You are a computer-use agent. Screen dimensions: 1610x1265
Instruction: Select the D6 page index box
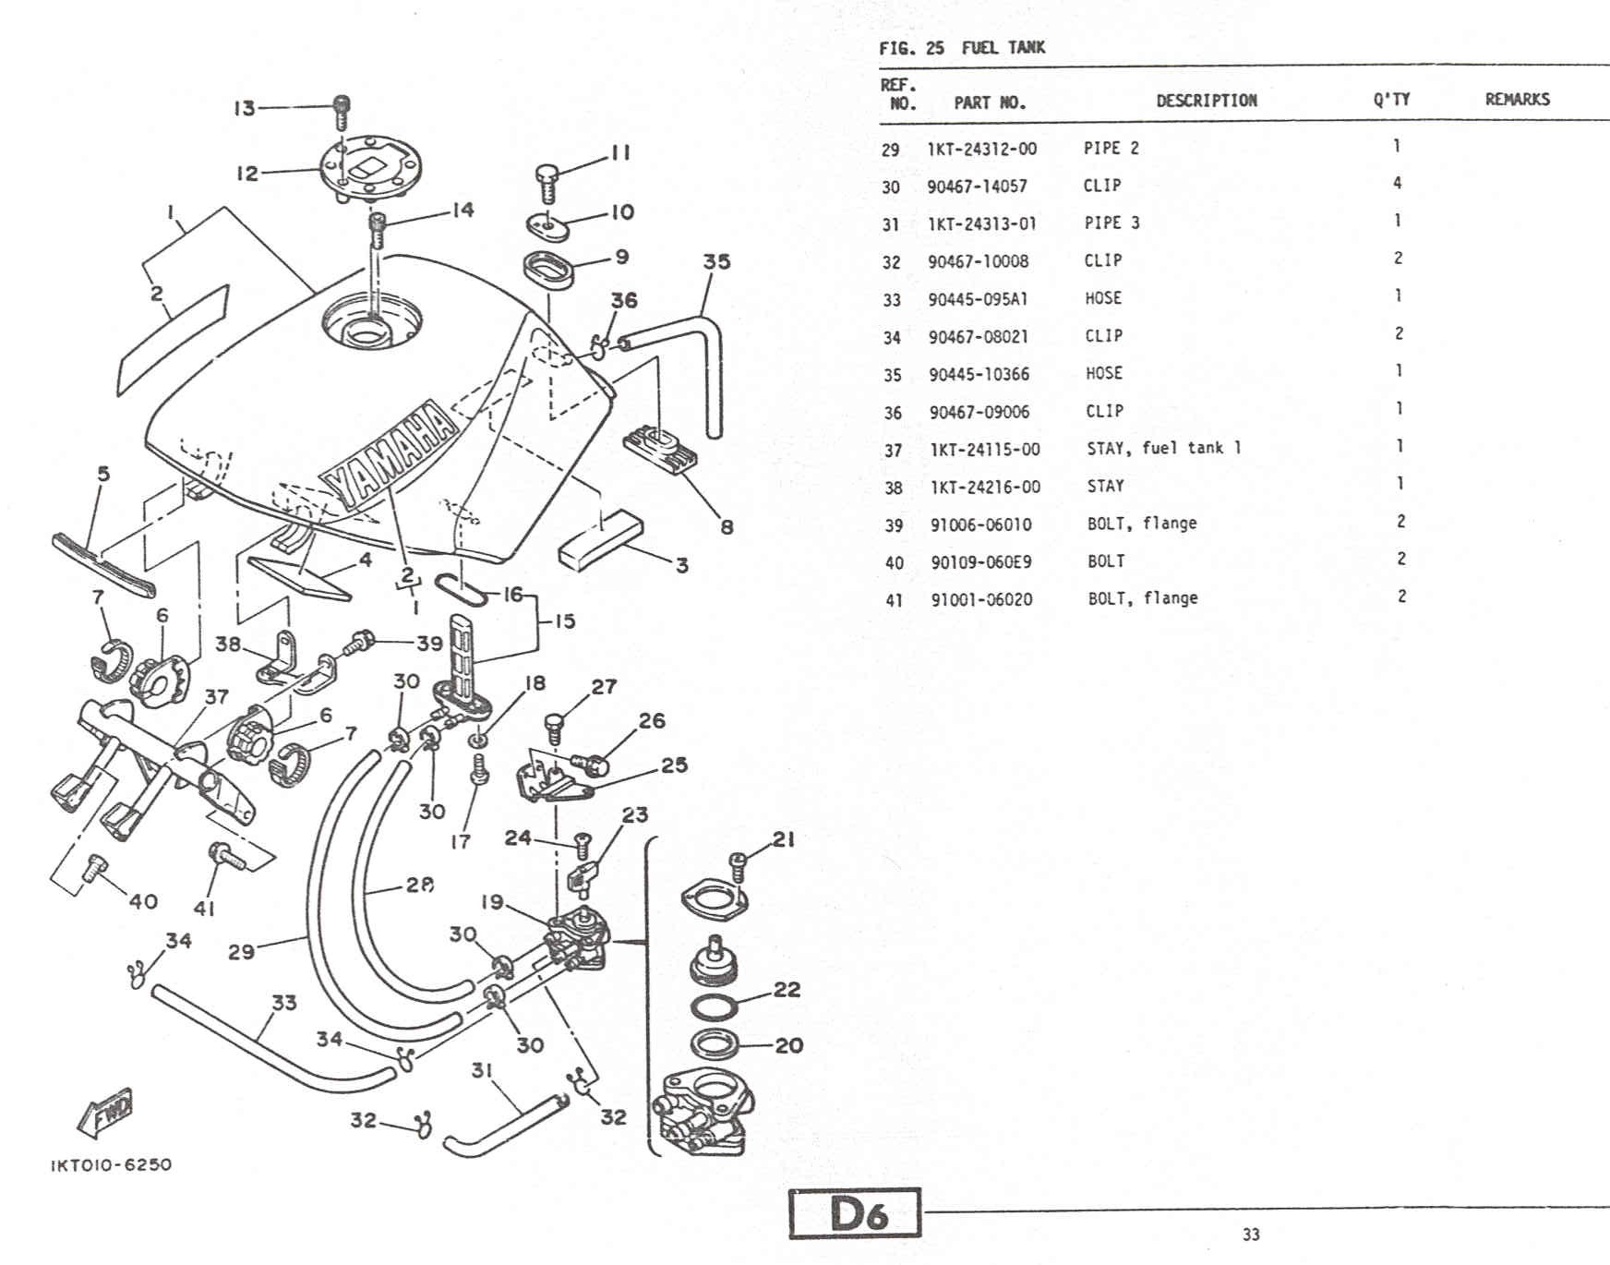click(x=856, y=1213)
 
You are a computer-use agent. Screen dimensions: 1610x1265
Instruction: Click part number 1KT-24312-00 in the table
click(x=982, y=149)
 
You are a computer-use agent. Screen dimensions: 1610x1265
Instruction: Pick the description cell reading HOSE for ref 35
click(x=1104, y=373)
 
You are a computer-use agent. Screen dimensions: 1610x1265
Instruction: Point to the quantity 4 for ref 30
click(x=1398, y=183)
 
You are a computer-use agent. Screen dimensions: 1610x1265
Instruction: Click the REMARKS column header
click(x=1518, y=99)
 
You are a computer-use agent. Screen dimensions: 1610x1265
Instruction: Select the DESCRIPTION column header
click(x=1207, y=100)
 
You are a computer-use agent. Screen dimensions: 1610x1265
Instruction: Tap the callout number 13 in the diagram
click(x=244, y=108)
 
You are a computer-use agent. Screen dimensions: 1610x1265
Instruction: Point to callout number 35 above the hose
click(x=716, y=261)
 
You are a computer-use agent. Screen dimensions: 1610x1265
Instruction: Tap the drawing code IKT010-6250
click(x=111, y=1164)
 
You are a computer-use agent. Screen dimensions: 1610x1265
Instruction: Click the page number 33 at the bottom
click(x=1251, y=1235)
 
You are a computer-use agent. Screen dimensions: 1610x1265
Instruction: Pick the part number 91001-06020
click(x=981, y=599)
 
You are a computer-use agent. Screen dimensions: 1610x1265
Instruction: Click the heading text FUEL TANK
click(x=1003, y=47)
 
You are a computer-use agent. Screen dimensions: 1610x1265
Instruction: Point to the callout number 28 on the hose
click(x=419, y=885)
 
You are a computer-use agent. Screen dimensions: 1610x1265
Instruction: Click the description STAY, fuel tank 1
click(x=1164, y=448)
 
